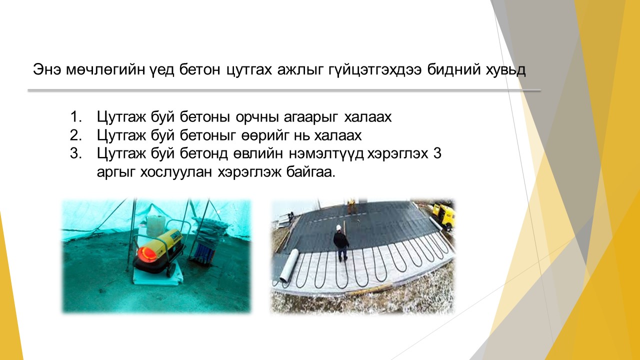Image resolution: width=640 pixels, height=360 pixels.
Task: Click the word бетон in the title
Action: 199,69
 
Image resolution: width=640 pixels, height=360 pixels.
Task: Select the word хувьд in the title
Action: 505,69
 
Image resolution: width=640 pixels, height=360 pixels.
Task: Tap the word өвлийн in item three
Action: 258,154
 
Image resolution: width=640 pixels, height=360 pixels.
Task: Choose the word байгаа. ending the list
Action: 310,172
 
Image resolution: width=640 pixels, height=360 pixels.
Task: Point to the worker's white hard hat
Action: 339,227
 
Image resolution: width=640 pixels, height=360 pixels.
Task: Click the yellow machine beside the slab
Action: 443,215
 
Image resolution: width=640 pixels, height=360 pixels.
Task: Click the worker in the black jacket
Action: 341,243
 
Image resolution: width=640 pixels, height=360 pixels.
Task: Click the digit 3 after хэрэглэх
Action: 437,153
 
